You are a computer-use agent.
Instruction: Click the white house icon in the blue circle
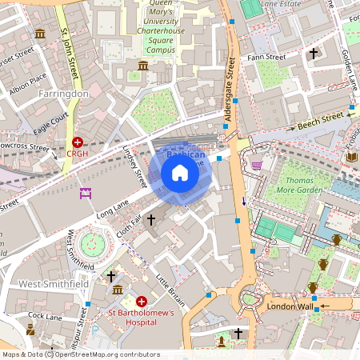[x=180, y=173]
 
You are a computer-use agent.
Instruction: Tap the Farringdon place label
[x=62, y=94]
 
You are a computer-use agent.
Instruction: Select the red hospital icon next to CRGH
[x=78, y=141]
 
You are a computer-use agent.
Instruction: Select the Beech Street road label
[x=319, y=120]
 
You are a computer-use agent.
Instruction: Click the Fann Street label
[x=266, y=57]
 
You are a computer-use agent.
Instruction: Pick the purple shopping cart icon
[x=256, y=165]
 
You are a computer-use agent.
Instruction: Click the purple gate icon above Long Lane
[x=86, y=193]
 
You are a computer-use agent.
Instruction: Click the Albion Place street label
[x=28, y=81]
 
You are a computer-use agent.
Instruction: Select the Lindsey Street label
[x=136, y=166]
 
